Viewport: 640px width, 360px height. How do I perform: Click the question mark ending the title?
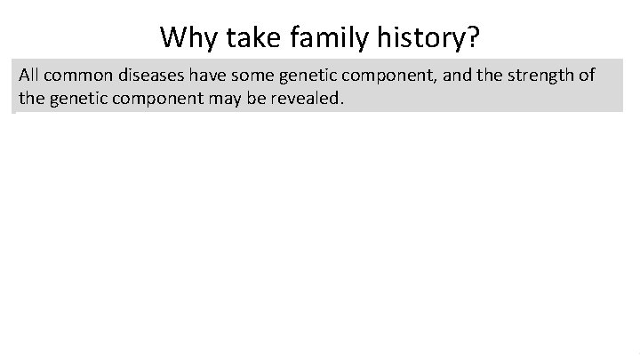pos(473,37)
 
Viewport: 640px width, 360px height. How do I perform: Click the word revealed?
pos(295,98)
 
